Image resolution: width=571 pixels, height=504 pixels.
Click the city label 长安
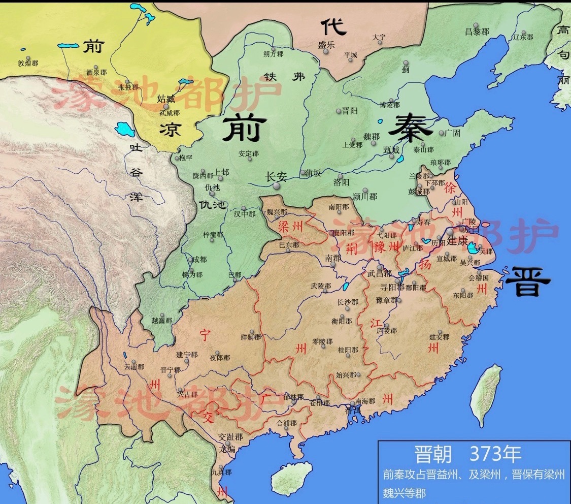[277, 177]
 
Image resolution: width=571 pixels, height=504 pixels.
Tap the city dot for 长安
[277, 186]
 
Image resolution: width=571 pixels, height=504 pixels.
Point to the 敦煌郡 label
[28, 64]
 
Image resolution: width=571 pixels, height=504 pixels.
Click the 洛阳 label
[342, 181]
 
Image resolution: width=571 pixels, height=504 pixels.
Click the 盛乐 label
[326, 45]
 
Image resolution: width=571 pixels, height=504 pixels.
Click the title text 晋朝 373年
[467, 454]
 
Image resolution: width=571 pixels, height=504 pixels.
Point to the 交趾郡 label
[230, 437]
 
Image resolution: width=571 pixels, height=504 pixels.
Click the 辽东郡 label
[523, 37]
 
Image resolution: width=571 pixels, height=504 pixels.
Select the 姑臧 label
[167, 99]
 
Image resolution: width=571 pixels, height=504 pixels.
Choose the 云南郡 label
[134, 366]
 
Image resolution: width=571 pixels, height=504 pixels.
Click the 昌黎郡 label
[477, 31]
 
